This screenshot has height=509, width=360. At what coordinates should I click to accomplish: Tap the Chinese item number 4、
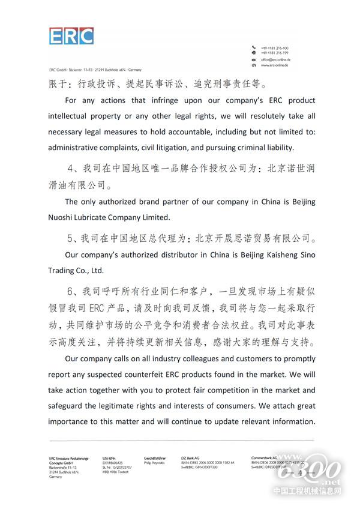(76, 170)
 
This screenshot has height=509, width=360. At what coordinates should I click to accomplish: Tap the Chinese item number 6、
(76, 292)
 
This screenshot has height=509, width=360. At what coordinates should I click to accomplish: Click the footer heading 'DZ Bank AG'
(190, 457)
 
